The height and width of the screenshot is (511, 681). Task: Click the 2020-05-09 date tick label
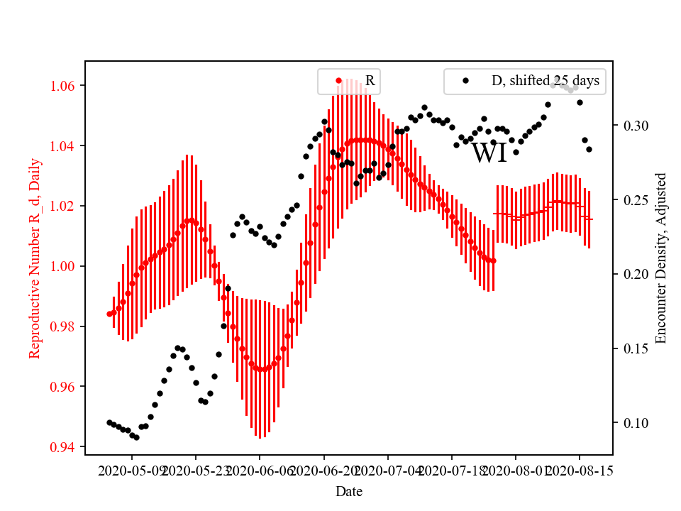pos(132,471)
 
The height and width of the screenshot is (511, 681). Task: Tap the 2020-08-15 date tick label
pos(579,471)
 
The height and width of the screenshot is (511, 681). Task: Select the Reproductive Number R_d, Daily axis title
pos(34,258)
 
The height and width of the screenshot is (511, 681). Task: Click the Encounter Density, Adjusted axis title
pos(661,258)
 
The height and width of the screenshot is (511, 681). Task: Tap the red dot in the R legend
pos(339,81)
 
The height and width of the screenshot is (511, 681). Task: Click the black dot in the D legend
pos(465,81)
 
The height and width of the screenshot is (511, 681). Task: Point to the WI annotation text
pos(489,153)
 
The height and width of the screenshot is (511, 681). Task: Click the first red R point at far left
pos(109,314)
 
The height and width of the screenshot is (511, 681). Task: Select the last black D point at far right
pos(589,149)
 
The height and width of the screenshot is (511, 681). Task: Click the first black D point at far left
pos(109,422)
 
